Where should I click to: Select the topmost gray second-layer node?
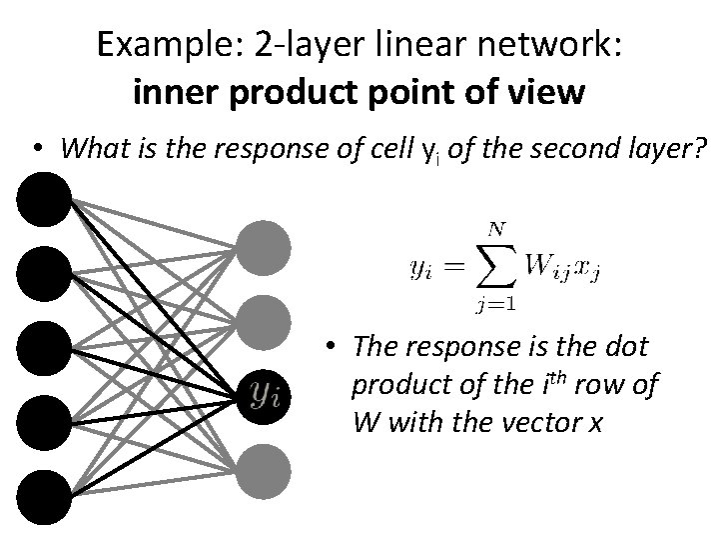pyautogui.click(x=264, y=245)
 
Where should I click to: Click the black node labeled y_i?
pyautogui.click(x=264, y=394)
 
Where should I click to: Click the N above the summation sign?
pyautogui.click(x=492, y=230)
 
